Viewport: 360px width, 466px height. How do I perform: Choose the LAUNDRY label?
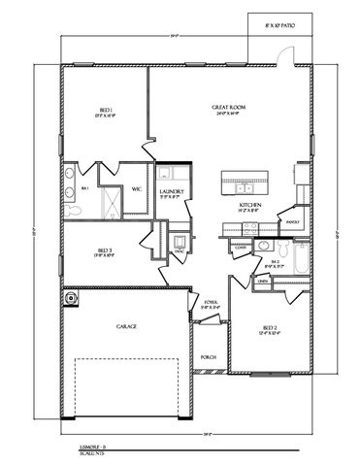pyautogui.click(x=172, y=192)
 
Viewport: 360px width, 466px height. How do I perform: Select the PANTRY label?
pyautogui.click(x=292, y=222)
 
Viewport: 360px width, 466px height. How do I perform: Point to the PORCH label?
pyautogui.click(x=208, y=356)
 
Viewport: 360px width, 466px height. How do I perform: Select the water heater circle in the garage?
pyautogui.click(x=70, y=298)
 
